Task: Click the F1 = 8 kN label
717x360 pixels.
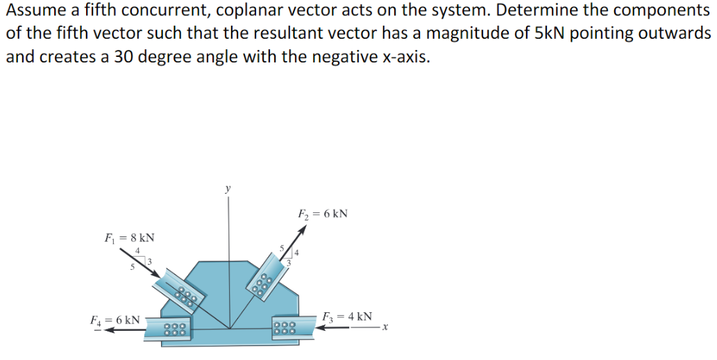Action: tap(130, 238)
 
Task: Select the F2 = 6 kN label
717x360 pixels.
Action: tap(323, 214)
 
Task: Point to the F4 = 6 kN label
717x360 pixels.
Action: tap(115, 320)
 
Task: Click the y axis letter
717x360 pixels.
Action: tap(227, 188)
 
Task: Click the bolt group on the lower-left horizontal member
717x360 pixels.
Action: tap(176, 329)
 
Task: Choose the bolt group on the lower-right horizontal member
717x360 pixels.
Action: tap(283, 327)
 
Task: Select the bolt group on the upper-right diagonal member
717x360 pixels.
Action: tap(262, 283)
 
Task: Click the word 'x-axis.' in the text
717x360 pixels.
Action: tap(405, 57)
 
